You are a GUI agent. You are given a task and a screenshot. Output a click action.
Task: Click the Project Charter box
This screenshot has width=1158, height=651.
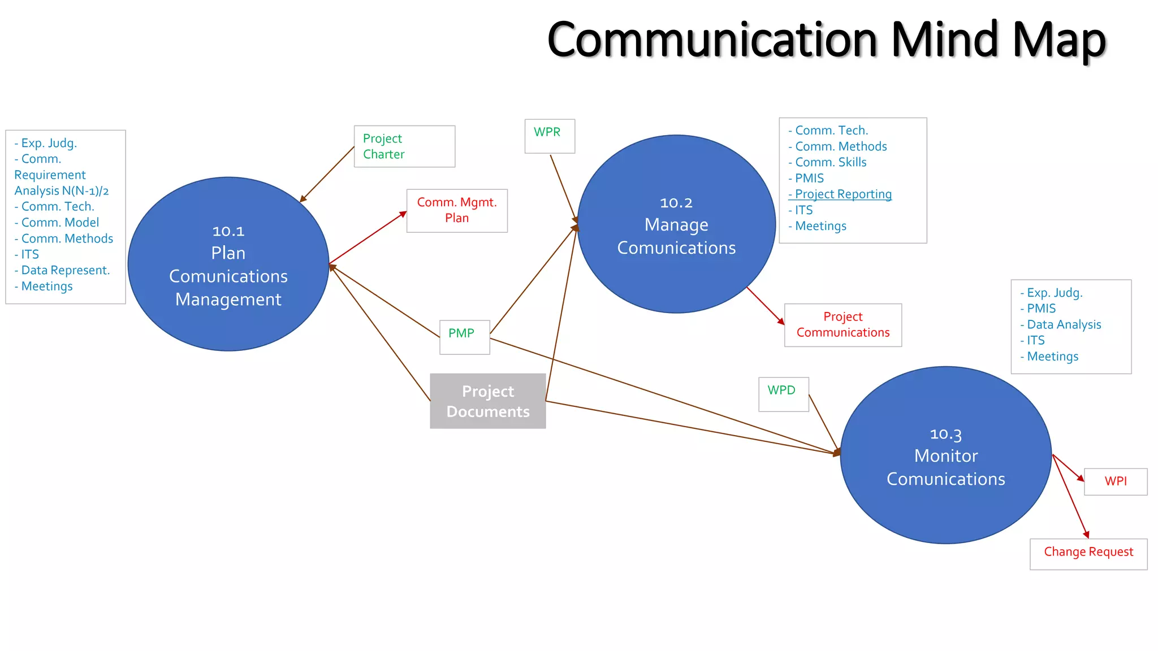[404, 146]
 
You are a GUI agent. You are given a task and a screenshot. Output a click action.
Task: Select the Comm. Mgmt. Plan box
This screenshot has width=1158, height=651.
[457, 210]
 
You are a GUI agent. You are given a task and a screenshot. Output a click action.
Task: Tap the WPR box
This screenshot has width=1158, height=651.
[549, 136]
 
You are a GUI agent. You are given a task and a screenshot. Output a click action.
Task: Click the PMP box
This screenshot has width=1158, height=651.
[464, 337]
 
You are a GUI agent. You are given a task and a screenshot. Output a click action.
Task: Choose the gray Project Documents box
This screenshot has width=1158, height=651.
[487, 401]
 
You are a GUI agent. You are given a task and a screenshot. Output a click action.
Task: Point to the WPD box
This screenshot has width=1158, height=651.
[783, 394]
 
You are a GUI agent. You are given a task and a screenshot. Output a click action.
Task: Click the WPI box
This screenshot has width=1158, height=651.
[1115, 481]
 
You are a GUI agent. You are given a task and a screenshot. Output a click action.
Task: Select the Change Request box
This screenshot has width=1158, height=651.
[1088, 553]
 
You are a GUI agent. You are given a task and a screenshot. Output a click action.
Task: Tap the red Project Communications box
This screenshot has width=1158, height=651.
[842, 325]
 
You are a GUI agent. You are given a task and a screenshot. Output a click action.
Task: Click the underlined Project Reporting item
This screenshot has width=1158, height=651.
[842, 194]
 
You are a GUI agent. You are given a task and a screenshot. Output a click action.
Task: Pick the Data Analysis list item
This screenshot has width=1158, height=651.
[1064, 324]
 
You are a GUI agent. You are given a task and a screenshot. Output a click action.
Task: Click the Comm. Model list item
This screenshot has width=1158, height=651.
[59, 223]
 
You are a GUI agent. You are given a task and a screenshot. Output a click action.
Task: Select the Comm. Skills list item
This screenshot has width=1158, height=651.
[830, 162]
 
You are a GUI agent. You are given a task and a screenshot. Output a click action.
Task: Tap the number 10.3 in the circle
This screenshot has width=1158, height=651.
[945, 434]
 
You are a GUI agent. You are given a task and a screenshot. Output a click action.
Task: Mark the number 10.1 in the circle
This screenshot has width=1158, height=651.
[228, 231]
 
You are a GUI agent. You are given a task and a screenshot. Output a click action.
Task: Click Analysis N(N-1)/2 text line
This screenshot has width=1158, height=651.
[61, 191]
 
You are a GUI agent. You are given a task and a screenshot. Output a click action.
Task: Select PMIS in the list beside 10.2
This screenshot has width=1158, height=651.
[809, 178]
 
